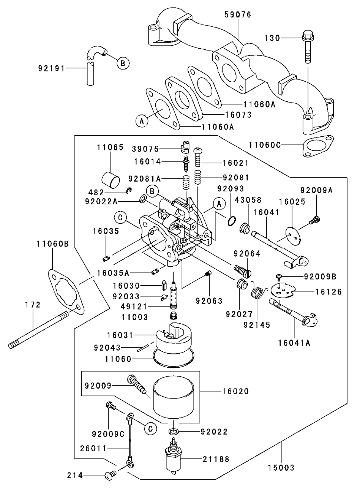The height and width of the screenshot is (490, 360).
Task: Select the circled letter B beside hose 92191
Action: pos(122,63)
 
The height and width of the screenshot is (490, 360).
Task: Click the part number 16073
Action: pos(238,115)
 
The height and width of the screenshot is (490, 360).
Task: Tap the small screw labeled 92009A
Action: pos(315,219)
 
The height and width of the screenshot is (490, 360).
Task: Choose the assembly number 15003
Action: pos(281,468)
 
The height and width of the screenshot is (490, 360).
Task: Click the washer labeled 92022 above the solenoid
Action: pos(174,432)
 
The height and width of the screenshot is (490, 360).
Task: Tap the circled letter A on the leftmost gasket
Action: pos(142,121)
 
